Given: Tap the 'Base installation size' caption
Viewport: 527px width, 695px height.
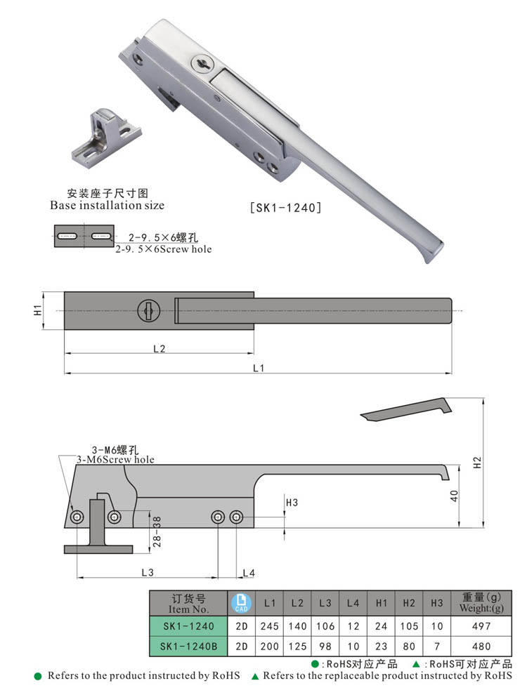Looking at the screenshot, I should (107, 206).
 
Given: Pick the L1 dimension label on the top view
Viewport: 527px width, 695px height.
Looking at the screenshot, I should (258, 368).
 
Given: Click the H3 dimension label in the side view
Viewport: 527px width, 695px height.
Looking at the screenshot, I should (292, 503).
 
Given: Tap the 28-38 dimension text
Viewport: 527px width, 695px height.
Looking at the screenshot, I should (157, 531).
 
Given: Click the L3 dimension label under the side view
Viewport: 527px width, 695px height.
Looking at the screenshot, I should (148, 573).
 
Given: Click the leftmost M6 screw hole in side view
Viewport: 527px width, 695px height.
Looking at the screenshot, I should (77, 517).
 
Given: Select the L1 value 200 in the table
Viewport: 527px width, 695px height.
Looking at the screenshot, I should (270, 646).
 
